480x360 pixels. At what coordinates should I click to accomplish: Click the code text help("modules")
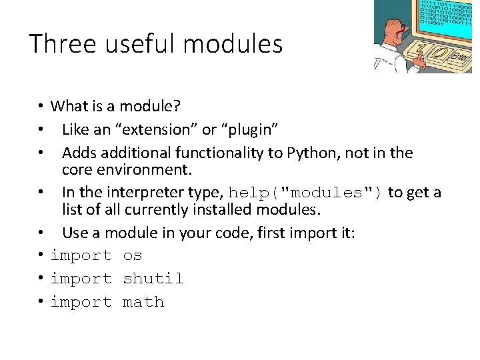tap(306, 193)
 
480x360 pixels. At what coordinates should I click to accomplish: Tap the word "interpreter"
tap(148, 193)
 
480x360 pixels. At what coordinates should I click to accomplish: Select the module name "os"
tap(133, 255)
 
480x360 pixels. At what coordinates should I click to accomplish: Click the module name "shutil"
tap(153, 279)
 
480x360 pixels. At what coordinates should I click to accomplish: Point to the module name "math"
tap(143, 302)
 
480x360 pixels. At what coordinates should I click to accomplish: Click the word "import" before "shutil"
tap(81, 279)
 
